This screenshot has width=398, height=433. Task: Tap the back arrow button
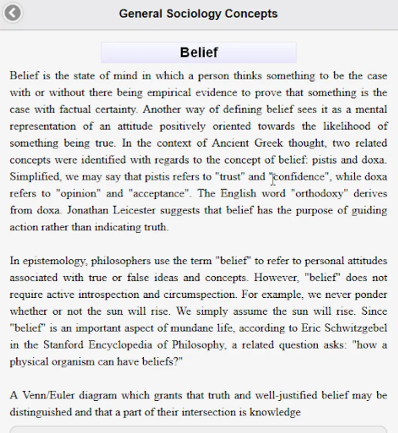click(12, 13)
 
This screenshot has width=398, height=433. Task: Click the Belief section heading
click(199, 52)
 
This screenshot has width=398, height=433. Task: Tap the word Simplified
click(30, 177)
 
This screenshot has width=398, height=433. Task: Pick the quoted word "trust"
click(230, 177)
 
